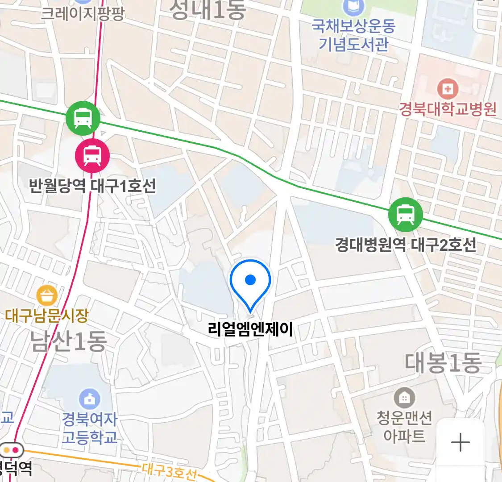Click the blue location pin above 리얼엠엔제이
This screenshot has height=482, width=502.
tap(250, 282)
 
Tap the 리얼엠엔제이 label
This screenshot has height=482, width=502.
tap(250, 329)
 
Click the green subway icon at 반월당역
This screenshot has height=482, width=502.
tap(83, 118)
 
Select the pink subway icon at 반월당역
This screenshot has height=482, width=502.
tap(92, 156)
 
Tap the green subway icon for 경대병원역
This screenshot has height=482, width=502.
tap(405, 215)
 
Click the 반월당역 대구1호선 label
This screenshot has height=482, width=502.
tap(92, 185)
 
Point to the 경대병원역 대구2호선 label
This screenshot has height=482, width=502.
tap(406, 245)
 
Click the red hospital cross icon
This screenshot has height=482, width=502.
tap(448, 89)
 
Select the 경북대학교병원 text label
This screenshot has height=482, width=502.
tap(448, 109)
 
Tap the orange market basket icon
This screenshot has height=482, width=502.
tap(47, 296)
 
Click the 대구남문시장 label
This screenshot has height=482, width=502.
tap(47, 316)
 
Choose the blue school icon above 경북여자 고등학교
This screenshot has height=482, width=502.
tap(89, 399)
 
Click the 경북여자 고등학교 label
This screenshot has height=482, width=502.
tap(89, 428)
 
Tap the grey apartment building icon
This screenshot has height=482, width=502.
tap(404, 397)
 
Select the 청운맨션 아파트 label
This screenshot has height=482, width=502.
tap(404, 427)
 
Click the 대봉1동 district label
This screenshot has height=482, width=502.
tap(443, 362)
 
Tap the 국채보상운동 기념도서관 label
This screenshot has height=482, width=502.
tap(353, 35)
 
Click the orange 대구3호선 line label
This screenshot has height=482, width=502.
tap(170, 471)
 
